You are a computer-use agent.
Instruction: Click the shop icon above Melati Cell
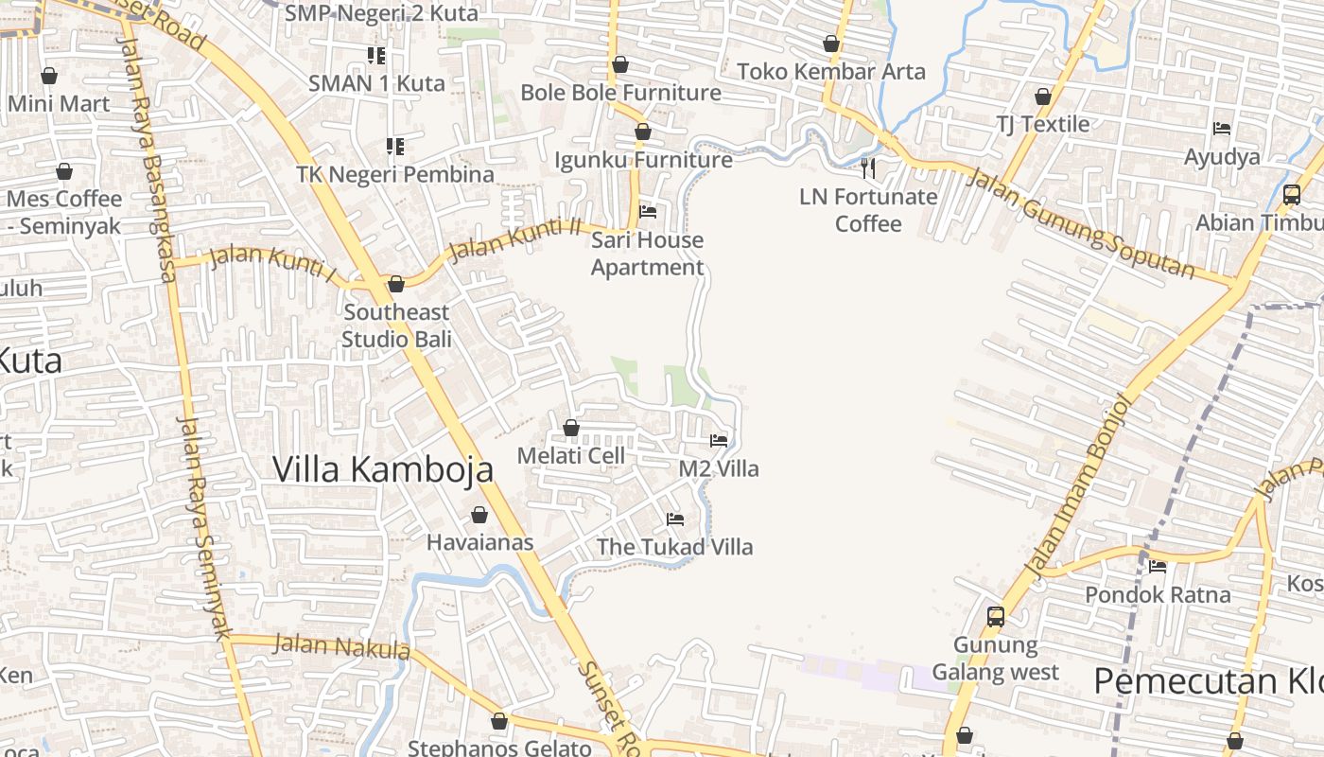pyautogui.click(x=571, y=429)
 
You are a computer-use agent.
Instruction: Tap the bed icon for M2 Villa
pyautogui.click(x=719, y=441)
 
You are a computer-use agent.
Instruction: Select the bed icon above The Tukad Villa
pyautogui.click(x=675, y=519)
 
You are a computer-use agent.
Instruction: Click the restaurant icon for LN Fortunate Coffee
pyautogui.click(x=868, y=168)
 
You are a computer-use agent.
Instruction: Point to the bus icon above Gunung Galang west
pyautogui.click(x=995, y=617)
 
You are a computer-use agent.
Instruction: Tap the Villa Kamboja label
pyautogui.click(x=383, y=469)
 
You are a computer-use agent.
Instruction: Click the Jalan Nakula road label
pyautogui.click(x=342, y=647)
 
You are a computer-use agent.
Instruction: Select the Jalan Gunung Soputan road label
pyautogui.click(x=1082, y=224)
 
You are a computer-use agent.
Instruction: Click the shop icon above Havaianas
pyautogui.click(x=479, y=515)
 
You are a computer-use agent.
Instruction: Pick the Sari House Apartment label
pyautogui.click(x=648, y=254)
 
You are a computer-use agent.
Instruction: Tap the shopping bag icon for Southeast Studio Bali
pyautogui.click(x=396, y=284)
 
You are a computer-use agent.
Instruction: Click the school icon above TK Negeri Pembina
pyautogui.click(x=394, y=147)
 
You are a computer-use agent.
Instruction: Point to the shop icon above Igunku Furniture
pyautogui.click(x=643, y=132)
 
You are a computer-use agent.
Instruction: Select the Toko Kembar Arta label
pyautogui.click(x=831, y=72)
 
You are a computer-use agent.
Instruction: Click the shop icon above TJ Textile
pyautogui.click(x=1042, y=97)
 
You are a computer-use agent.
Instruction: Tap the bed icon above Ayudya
pyautogui.click(x=1222, y=129)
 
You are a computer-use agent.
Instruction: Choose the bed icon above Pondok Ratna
pyautogui.click(x=1158, y=567)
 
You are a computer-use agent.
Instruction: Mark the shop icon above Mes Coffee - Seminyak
pyautogui.click(x=64, y=171)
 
